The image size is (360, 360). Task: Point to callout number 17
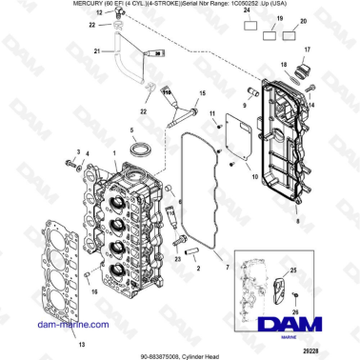pyautogui.click(x=307, y=49)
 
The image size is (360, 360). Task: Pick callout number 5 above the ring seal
pyautogui.click(x=131, y=129)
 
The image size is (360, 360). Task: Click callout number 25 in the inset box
pyautogui.click(x=293, y=272)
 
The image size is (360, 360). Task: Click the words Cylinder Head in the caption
pyautogui.click(x=209, y=351)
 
